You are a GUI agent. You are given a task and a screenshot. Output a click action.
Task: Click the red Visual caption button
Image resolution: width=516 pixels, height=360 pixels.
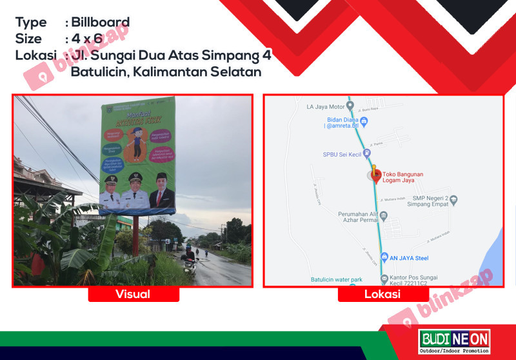[x=133, y=294]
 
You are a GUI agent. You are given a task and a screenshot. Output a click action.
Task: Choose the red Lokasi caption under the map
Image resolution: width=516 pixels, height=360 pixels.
[x=383, y=294]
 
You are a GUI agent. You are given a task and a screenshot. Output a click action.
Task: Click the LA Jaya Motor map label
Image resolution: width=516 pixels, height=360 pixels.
[x=326, y=106]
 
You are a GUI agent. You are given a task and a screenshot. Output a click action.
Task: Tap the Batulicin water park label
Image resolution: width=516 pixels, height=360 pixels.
[x=336, y=279]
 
